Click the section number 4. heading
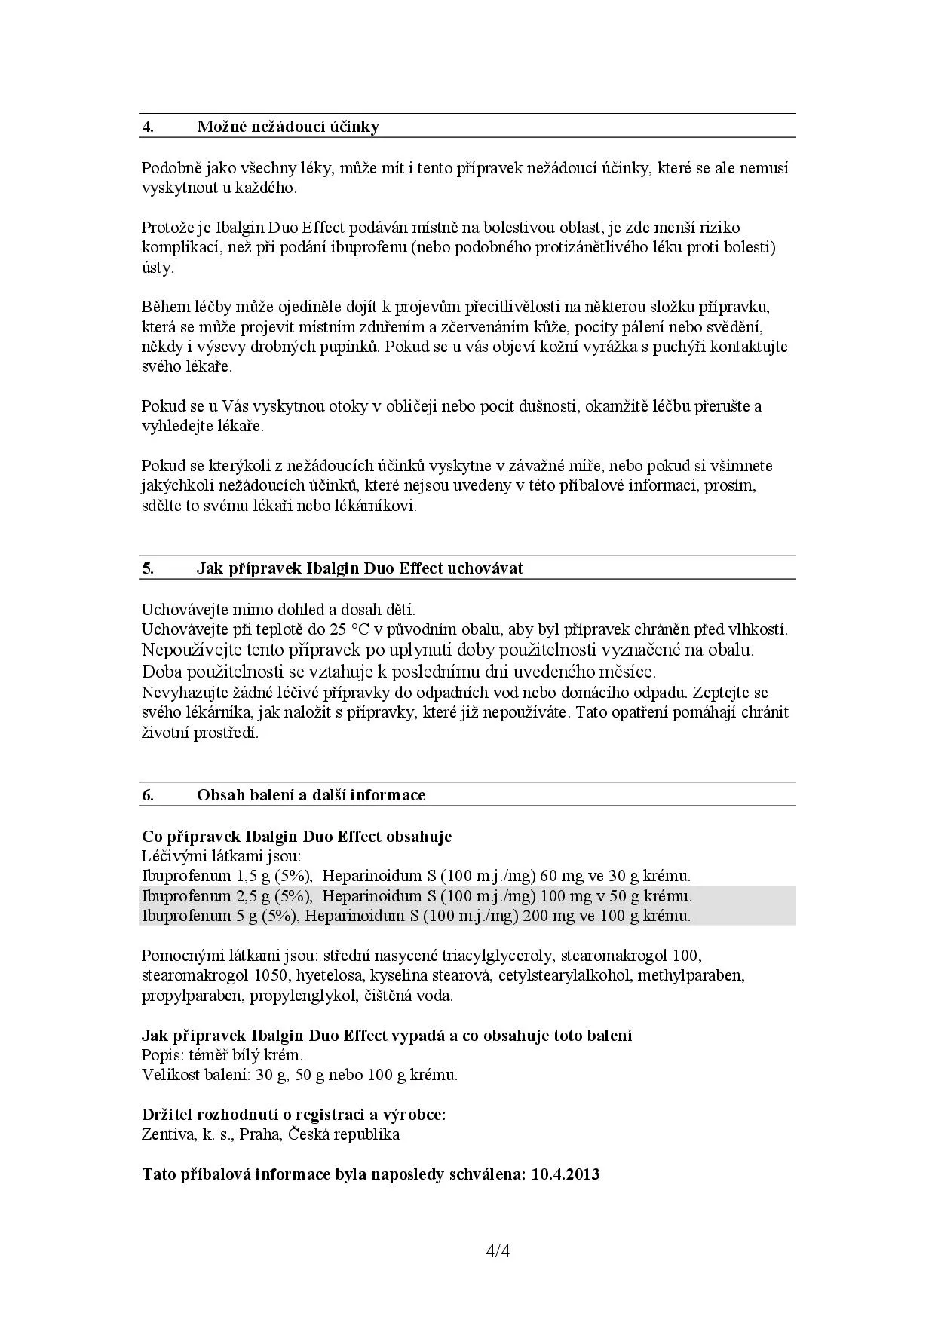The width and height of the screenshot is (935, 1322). pyautogui.click(x=149, y=127)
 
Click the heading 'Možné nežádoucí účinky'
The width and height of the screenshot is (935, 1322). pyautogui.click(x=288, y=127)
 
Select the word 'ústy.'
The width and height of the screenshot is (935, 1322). pyautogui.click(x=158, y=268)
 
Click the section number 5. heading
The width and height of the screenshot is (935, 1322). pyautogui.click(x=149, y=568)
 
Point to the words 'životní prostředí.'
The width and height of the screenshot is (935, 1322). pyautogui.click(x=200, y=733)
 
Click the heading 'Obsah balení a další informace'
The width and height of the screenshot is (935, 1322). pyautogui.click(x=311, y=795)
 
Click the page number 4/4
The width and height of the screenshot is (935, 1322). pyautogui.click(x=498, y=1252)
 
